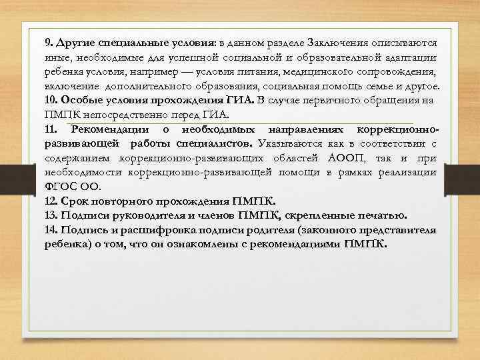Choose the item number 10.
51,100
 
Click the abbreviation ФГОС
61,186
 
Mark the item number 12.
51,201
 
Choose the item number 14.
51,229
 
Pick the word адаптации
407,57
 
